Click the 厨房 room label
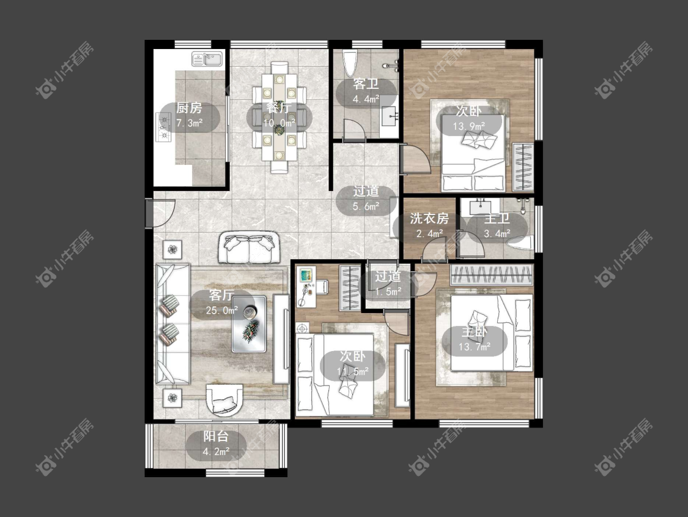[189, 108]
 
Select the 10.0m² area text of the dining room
[279, 123]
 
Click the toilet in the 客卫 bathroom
[350, 63]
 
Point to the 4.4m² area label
[366, 99]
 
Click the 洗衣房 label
[429, 219]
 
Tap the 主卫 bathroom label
[497, 219]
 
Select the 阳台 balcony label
[216, 436]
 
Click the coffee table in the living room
[249, 323]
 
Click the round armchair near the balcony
[224, 400]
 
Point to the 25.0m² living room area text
[222, 311]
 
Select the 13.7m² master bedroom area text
[475, 347]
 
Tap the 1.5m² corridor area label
[388, 292]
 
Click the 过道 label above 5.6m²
[366, 191]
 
